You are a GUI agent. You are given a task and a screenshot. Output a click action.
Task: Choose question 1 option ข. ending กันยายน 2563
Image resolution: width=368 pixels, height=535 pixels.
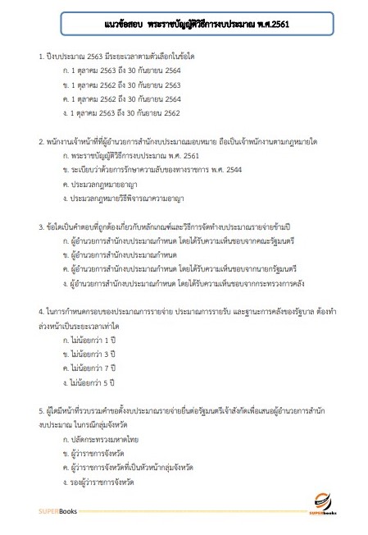[x=122, y=85]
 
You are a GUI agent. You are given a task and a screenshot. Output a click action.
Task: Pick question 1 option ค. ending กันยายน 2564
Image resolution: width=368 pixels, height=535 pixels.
[x=122, y=98]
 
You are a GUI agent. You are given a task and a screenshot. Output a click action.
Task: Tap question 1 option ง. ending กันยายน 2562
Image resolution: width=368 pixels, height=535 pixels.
[x=122, y=112]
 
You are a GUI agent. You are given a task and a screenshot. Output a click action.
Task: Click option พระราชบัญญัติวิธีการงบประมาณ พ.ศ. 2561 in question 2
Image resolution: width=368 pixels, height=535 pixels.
[x=124, y=156]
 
